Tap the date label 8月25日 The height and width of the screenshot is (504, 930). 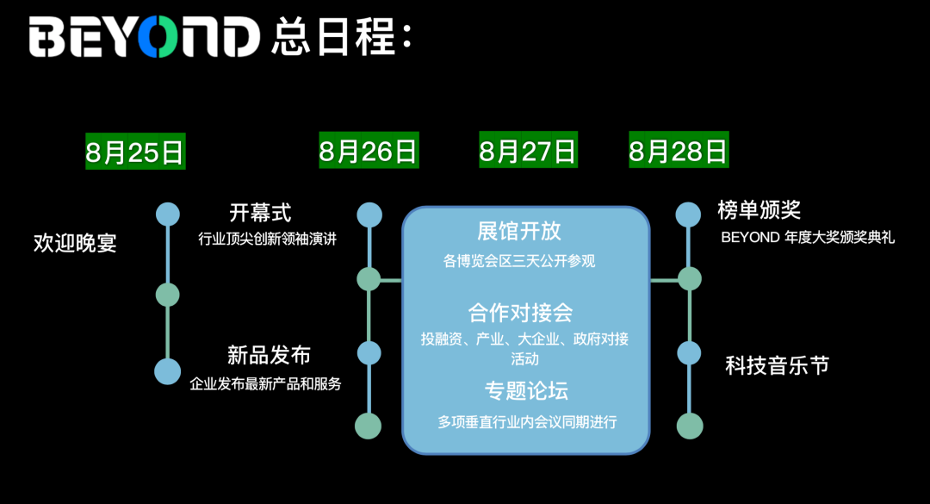pyautogui.click(x=135, y=152)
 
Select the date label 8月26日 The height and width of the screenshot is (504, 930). pyautogui.click(x=369, y=152)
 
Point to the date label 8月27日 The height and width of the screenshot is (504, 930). pyautogui.click(x=528, y=152)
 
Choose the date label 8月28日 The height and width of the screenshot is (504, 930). pyautogui.click(x=679, y=152)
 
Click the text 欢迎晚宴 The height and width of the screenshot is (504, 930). pyautogui.click(x=75, y=243)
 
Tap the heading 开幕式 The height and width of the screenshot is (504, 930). pyautogui.click(x=260, y=212)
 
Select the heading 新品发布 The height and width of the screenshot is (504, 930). pyautogui.click(x=269, y=354)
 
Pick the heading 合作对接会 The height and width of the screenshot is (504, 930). pyautogui.click(x=520, y=312)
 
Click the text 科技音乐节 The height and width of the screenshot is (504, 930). pyautogui.click(x=778, y=365)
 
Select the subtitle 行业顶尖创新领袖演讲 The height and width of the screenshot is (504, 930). pyautogui.click(x=267, y=239)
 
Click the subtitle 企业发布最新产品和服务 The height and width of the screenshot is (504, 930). pyautogui.click(x=265, y=383)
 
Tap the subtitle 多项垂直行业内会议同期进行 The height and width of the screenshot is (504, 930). pyautogui.click(x=528, y=422)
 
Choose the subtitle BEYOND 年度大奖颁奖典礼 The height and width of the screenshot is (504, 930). pyautogui.click(x=808, y=238)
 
